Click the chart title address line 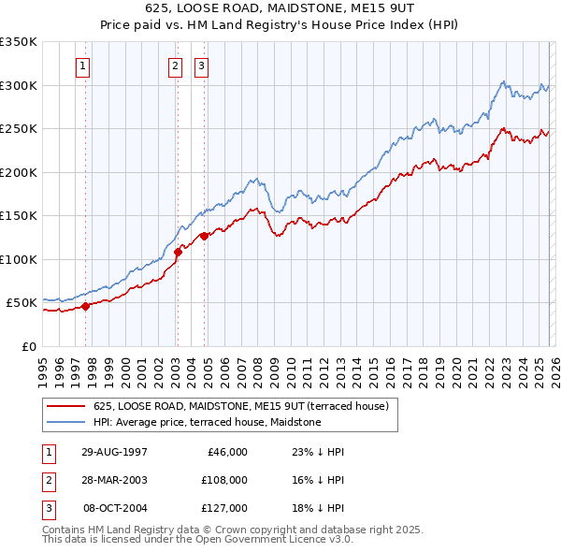pyautogui.click(x=280, y=7)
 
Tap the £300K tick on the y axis pyautogui.click(x=19, y=85)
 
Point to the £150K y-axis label pyautogui.click(x=19, y=216)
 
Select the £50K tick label pyautogui.click(x=22, y=303)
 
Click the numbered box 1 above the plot pyautogui.click(x=84, y=65)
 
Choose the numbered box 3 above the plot pyautogui.click(x=201, y=65)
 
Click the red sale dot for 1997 pyautogui.click(x=85, y=305)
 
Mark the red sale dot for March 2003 pyautogui.click(x=178, y=252)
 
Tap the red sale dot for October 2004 pyautogui.click(x=203, y=236)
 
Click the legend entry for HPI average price pyautogui.click(x=207, y=422)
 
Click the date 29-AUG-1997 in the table pyautogui.click(x=115, y=452)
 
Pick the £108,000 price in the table pyautogui.click(x=224, y=480)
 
